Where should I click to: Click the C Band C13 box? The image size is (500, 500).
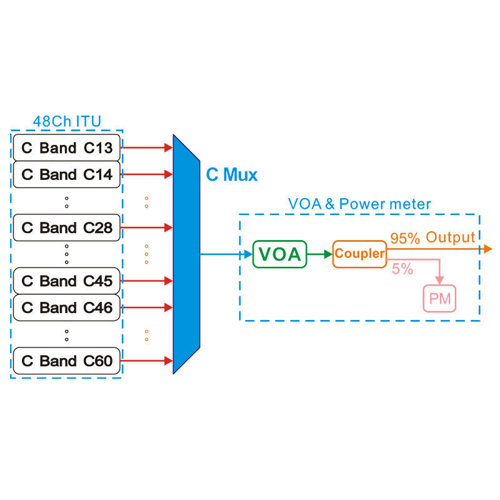66,148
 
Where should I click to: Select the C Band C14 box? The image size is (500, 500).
66,174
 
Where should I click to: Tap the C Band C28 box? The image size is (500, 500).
66,227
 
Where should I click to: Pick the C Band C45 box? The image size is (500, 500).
66,281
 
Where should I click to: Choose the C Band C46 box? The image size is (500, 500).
66,307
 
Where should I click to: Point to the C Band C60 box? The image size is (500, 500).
66,361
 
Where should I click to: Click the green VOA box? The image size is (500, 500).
280,254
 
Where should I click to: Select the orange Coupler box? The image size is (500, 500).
359,254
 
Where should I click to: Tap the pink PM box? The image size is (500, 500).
440,298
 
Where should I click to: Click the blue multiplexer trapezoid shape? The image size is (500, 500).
186,254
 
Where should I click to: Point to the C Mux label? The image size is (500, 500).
232,175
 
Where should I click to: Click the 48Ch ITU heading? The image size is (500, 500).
66,121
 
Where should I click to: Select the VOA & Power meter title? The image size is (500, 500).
359,204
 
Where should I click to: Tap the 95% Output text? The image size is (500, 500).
432,237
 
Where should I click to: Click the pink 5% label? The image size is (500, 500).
402,269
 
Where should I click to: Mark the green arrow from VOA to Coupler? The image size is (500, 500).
319,254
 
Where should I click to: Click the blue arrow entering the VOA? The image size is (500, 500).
226,254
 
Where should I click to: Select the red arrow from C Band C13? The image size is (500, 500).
146,148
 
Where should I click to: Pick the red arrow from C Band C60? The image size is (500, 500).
146,361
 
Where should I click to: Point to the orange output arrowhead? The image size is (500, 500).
487,249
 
